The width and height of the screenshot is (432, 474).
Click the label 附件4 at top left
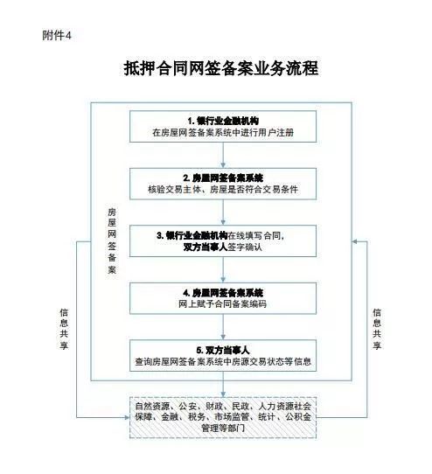click(57, 36)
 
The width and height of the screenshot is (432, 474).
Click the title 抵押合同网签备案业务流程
click(221, 68)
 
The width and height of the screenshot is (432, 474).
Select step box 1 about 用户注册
click(223, 126)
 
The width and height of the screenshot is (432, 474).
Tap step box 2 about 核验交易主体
click(223, 184)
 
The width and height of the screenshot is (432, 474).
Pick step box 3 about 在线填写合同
click(223, 240)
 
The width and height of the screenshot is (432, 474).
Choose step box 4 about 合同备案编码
click(223, 298)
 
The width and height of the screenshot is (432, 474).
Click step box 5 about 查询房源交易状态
click(223, 355)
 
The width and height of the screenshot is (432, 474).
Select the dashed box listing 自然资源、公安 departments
click(223, 417)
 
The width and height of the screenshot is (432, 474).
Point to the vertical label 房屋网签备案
click(112, 240)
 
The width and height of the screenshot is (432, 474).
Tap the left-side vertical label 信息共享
click(64, 329)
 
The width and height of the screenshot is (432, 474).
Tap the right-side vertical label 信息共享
click(377, 329)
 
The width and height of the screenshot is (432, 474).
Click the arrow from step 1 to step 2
click(223, 155)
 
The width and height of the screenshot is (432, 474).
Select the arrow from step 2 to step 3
click(223, 213)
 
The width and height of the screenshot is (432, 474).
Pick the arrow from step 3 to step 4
click(223, 269)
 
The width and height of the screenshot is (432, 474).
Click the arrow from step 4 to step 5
click(223, 327)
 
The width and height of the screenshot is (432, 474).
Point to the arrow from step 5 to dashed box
click(223, 384)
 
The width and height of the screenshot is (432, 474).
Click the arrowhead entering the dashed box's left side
click(127, 417)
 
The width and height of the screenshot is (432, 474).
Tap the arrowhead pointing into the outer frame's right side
click(355, 241)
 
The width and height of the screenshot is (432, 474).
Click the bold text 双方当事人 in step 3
click(206, 247)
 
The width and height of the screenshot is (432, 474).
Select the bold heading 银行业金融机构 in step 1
click(227, 121)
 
